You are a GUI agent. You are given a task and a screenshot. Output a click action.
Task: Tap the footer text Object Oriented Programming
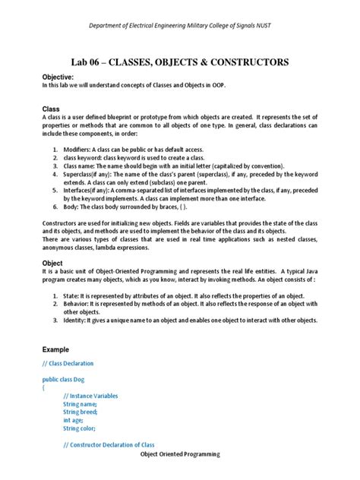(180, 453)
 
